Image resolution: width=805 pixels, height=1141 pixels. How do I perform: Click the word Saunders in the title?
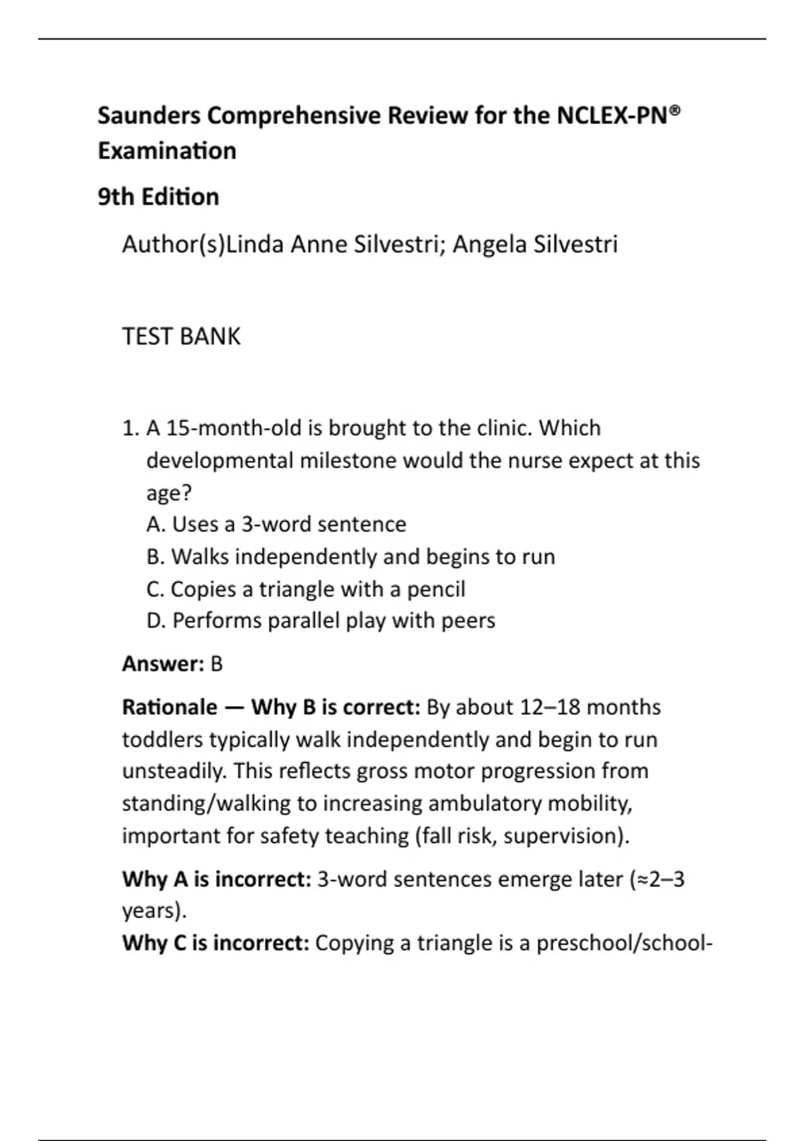click(x=149, y=116)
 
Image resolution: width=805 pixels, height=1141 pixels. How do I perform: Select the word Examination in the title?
click(x=167, y=151)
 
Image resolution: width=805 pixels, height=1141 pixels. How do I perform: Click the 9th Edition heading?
click(x=158, y=197)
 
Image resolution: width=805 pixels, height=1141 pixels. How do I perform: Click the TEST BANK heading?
click(x=181, y=336)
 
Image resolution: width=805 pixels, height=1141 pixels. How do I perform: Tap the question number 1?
click(x=129, y=428)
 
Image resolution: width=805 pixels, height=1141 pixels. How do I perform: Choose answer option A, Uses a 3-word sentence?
click(x=276, y=524)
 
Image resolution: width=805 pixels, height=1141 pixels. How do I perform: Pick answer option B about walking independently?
click(x=350, y=557)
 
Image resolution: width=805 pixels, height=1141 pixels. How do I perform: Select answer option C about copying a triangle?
click(x=306, y=589)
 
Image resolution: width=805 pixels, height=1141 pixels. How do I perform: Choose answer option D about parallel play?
click(x=321, y=621)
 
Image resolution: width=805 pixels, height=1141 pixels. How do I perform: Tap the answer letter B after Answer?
click(x=216, y=664)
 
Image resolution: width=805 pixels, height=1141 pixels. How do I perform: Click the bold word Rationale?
click(x=170, y=707)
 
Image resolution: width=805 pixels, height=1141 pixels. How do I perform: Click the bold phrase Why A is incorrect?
click(x=217, y=879)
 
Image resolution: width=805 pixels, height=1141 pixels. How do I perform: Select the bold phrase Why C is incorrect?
click(x=216, y=944)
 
